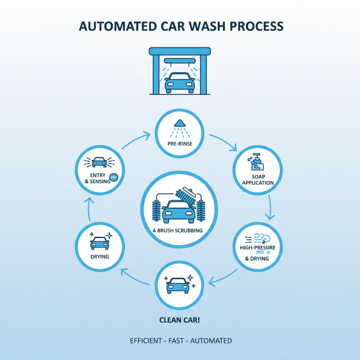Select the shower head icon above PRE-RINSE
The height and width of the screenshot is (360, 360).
point(180,123)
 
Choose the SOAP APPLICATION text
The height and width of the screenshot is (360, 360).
point(257,180)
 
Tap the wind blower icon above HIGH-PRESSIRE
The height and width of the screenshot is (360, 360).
point(257,238)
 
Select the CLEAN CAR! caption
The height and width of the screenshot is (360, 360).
point(180,320)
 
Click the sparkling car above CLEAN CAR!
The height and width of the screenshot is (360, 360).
point(180,283)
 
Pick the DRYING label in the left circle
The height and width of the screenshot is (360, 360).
point(99,257)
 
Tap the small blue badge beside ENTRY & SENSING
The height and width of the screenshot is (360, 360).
point(114,177)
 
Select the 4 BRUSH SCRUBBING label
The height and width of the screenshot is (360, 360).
point(180,230)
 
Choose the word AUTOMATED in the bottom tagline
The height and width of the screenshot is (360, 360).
point(211,341)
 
